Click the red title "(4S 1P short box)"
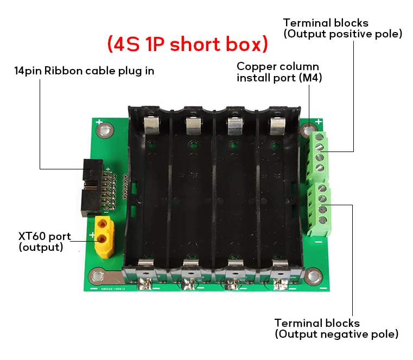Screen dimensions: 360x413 click(187, 44)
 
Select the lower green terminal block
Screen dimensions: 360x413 click(320, 209)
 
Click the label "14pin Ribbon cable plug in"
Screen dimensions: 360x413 click(84, 71)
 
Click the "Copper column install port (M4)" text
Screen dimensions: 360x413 click(277, 72)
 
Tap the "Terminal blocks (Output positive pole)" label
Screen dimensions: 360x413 click(342, 28)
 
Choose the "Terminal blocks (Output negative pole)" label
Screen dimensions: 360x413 click(336, 328)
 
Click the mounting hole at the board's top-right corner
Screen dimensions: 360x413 click(308, 131)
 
